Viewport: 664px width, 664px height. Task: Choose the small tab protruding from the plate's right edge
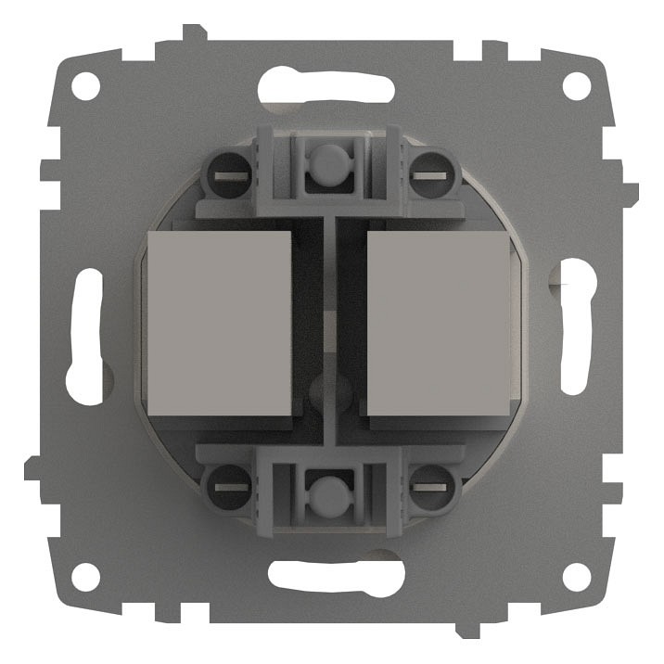point(632,194)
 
